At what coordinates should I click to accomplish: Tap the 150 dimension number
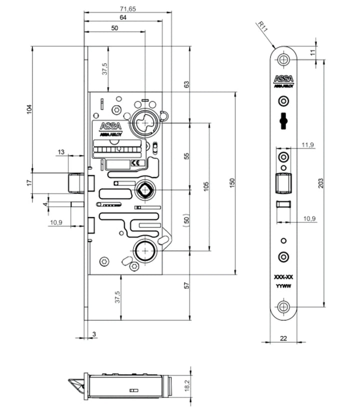231,183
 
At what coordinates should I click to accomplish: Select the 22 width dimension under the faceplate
283,338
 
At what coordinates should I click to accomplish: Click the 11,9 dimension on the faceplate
308,145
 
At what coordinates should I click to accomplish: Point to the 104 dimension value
29,109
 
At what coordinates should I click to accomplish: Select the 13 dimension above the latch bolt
61,152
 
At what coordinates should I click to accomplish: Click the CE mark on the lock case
134,163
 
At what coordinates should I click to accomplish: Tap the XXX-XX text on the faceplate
283,277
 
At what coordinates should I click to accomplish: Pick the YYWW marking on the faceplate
283,286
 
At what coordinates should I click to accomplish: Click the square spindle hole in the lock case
145,190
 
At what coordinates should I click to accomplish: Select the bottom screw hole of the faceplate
284,306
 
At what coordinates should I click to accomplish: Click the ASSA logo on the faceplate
283,79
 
